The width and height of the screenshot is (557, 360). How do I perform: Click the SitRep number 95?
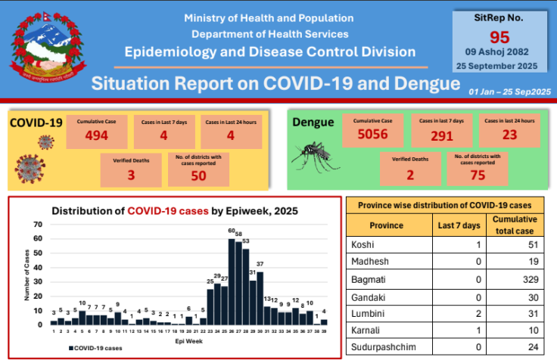point(499,37)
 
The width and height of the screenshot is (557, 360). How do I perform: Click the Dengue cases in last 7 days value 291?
point(441,136)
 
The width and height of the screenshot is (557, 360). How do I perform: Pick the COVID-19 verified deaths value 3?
point(130,175)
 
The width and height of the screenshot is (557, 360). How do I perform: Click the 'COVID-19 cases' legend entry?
point(95,348)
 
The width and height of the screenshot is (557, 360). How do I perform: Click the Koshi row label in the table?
point(363,245)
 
